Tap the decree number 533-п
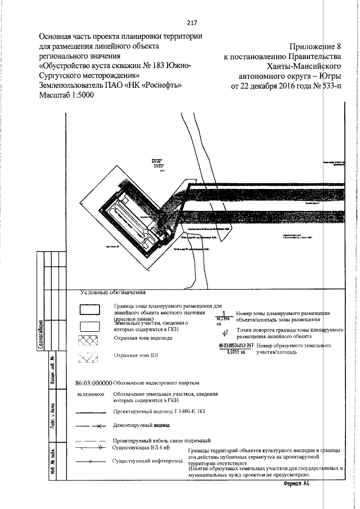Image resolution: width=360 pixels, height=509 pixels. coord(328,87)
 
